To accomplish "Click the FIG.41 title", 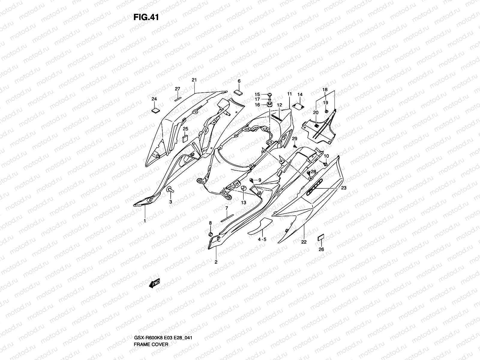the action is (146, 17).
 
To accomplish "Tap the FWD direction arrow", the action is (154, 283).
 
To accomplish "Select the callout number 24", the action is (154, 99).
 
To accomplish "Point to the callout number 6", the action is (239, 81).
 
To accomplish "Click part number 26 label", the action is (321, 249).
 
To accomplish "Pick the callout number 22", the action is (304, 242).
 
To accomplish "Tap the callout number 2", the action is (216, 262).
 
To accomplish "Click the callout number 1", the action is (145, 221).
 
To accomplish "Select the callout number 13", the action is (244, 202).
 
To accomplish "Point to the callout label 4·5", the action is (262, 239).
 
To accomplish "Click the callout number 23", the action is (344, 188).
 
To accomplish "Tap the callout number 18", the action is (325, 90).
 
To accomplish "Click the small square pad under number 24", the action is (155, 110).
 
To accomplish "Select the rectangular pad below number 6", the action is (238, 91).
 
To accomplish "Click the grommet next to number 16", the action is (269, 105).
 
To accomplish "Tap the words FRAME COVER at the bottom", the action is (151, 319).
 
